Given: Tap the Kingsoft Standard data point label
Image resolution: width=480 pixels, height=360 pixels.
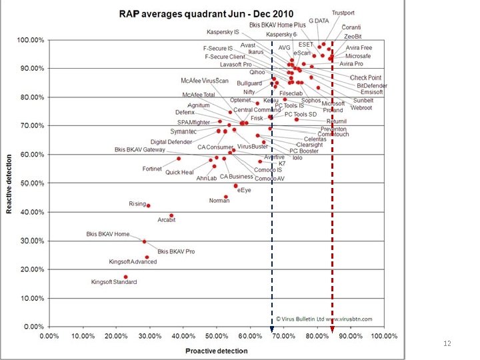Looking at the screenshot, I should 114,282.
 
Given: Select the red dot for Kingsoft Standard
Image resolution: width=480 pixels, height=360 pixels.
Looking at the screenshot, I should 125,277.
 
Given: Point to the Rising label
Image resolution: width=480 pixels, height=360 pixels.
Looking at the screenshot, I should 137,203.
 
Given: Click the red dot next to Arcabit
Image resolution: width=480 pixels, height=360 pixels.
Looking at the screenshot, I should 171,216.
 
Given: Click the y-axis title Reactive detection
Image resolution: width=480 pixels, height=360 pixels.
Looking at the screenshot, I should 9,183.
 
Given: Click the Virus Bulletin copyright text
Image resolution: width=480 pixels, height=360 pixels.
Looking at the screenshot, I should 324,319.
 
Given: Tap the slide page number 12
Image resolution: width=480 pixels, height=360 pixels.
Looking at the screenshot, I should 447,343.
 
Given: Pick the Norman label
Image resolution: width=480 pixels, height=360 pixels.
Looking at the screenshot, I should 219,201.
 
